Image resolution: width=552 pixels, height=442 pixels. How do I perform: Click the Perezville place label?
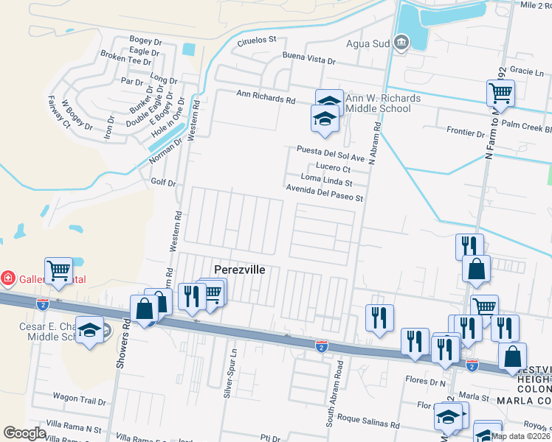239,270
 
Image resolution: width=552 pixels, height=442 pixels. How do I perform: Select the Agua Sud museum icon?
401,43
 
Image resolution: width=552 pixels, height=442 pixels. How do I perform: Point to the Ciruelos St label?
255,41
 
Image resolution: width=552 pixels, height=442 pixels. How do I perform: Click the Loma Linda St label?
327,178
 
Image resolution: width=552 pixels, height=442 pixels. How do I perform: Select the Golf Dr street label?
163,182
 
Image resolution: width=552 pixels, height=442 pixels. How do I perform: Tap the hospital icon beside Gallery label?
7,278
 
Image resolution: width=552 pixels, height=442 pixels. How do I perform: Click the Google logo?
24,433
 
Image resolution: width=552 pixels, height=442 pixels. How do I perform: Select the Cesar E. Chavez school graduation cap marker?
89,331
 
